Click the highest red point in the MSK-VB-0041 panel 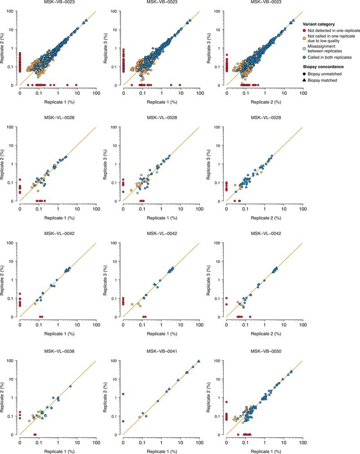click(x=123, y=394)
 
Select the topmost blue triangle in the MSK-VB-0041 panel click(x=198, y=361)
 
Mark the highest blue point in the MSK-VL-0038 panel click(x=71, y=386)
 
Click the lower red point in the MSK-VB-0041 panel click(x=123, y=421)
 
